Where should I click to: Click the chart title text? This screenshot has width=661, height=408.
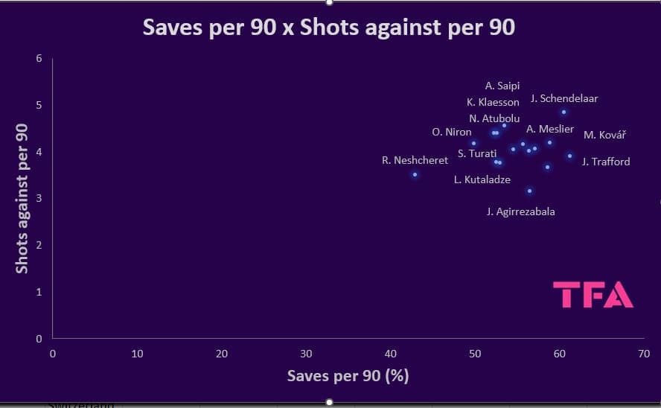(x=329, y=28)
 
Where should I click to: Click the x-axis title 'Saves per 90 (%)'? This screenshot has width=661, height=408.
(x=348, y=375)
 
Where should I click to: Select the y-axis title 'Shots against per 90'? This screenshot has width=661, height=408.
(x=22, y=198)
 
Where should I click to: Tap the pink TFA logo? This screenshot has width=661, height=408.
(x=593, y=295)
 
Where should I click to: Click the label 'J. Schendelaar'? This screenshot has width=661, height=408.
(x=564, y=98)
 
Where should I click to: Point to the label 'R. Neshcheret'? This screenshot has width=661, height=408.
(x=415, y=160)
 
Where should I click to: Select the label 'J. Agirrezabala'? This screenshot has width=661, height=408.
(x=520, y=211)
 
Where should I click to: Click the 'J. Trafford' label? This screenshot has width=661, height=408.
(x=605, y=162)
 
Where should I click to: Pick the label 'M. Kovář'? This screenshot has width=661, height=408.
(x=604, y=135)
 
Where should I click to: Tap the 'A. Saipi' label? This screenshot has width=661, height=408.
(x=502, y=86)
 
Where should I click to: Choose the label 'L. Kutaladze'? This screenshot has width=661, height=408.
(x=482, y=179)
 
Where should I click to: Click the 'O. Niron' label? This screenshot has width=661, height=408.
(x=451, y=132)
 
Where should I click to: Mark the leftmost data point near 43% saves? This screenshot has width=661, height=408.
(x=415, y=174)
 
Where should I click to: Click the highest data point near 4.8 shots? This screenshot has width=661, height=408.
(x=563, y=112)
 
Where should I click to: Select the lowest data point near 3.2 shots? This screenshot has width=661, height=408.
(x=529, y=191)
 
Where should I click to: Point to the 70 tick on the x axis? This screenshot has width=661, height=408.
(x=643, y=353)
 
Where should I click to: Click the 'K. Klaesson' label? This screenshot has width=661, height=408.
(x=493, y=102)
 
